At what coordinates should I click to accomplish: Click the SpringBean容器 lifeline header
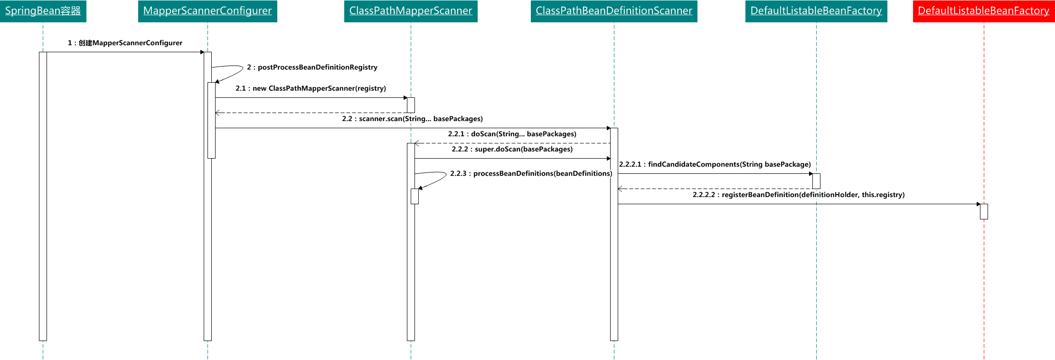43,11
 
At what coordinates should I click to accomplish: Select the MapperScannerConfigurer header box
207,11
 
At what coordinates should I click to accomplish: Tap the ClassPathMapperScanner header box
411,11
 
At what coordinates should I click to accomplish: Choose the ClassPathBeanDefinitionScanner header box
614,11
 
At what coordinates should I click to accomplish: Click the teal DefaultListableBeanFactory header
816,11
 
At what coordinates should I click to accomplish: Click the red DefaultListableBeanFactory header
984,11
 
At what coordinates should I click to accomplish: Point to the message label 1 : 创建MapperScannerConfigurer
125,43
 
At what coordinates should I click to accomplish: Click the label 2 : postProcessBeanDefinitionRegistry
312,67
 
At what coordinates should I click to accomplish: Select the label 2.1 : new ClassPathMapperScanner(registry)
311,88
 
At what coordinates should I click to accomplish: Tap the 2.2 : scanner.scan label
412,119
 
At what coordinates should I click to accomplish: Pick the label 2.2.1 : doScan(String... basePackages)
512,134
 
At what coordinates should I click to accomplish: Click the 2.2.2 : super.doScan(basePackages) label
512,149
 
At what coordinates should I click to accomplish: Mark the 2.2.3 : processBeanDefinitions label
531,174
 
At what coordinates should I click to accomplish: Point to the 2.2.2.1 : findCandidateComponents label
715,164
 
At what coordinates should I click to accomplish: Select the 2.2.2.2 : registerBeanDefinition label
799,195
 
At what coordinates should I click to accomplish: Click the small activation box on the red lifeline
984,211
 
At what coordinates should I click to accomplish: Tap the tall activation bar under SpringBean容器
43,196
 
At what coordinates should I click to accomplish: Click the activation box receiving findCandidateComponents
816,181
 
